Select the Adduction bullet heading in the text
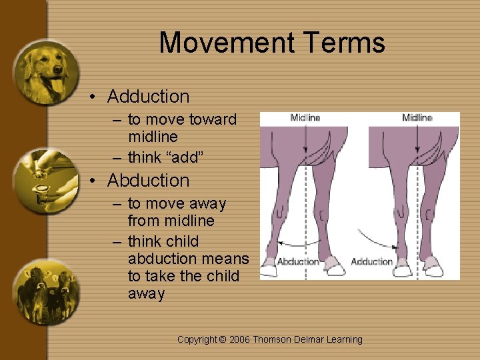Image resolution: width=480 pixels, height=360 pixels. (x=148, y=97)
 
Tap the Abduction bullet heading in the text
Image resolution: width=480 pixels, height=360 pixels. (x=148, y=181)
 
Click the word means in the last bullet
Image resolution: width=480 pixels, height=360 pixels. (x=225, y=259)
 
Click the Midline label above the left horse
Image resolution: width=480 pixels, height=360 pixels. (x=305, y=118)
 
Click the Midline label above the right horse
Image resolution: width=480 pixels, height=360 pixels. (x=417, y=118)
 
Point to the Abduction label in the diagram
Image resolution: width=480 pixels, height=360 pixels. (x=297, y=261)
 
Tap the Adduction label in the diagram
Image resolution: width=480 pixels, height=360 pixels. (x=372, y=261)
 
